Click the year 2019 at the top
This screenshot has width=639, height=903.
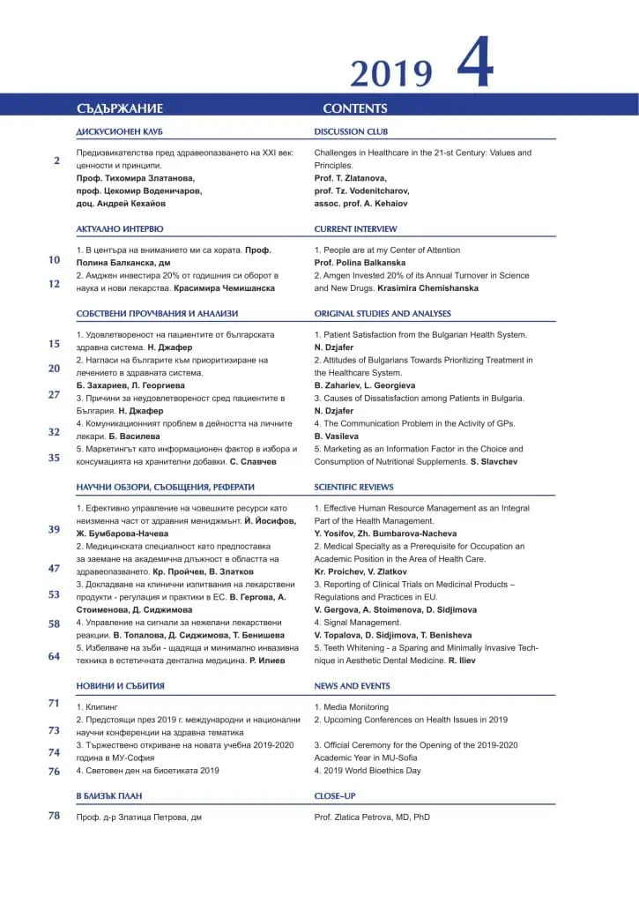click(x=391, y=73)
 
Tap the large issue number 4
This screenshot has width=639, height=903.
click(x=474, y=63)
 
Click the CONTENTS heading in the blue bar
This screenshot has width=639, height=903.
click(x=354, y=108)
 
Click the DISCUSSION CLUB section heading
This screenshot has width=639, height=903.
click(x=351, y=131)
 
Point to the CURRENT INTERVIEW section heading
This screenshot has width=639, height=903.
click(x=355, y=229)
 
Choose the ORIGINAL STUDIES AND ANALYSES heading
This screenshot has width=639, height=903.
click(x=382, y=313)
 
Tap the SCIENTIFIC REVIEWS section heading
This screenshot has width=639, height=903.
click(x=353, y=487)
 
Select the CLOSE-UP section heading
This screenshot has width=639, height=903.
click(x=335, y=795)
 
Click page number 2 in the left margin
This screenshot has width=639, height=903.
click(x=56, y=160)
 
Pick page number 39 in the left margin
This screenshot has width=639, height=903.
click(x=54, y=529)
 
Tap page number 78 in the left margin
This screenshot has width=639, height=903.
click(x=54, y=816)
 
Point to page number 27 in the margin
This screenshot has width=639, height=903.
click(x=54, y=394)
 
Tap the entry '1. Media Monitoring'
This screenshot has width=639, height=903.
click(x=351, y=707)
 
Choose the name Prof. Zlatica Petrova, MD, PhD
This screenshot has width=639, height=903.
click(x=372, y=817)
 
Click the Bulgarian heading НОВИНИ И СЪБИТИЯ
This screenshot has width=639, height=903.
click(x=120, y=685)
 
